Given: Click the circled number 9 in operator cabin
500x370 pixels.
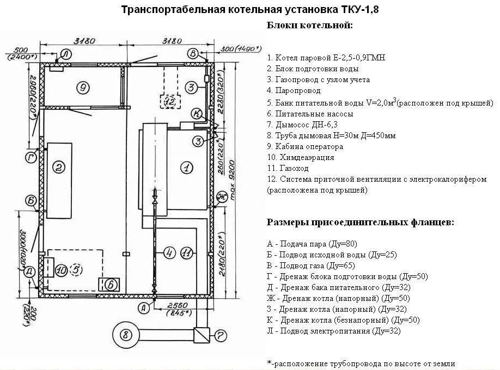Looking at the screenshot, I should pos(83,87).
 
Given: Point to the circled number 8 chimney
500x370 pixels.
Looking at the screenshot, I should pos(125,334).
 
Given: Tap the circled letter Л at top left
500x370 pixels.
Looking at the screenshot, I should pos(65,53).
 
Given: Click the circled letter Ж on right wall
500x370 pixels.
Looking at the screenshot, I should pos(222,196).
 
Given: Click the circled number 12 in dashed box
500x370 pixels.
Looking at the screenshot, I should pos(170,101).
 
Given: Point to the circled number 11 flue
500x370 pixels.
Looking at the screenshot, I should pos(186,252).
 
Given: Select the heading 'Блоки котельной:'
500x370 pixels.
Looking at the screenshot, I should pos(309,26).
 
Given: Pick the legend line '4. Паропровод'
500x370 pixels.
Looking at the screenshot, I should pos(294,91).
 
